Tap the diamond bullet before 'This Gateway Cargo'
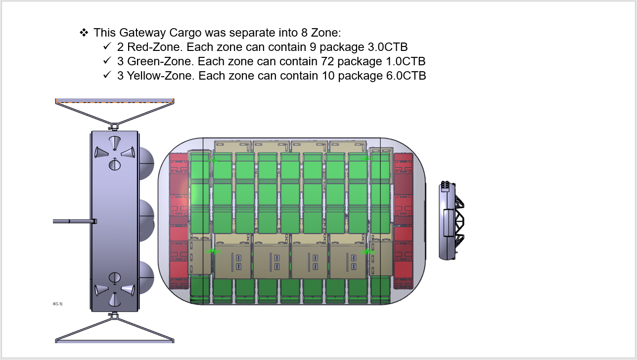84,33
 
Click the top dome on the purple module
146,163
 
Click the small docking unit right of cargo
451,221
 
